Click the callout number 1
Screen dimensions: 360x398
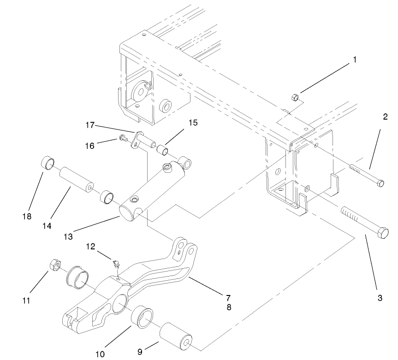point(354,59)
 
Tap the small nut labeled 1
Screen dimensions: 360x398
point(296,97)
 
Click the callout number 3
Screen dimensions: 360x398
point(380,298)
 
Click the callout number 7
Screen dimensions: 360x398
point(228,297)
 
